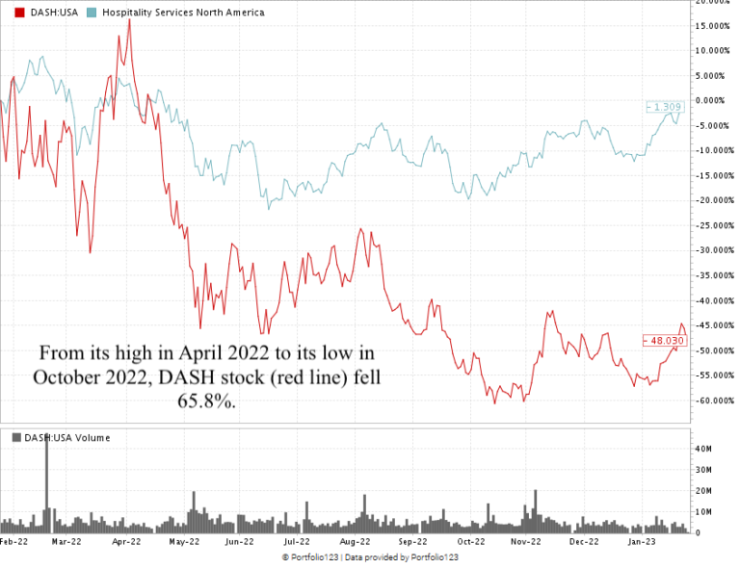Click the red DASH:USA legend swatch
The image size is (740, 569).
[x=8, y=13]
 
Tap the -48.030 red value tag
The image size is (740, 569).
[x=662, y=340]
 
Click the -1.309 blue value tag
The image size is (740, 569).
[x=663, y=105]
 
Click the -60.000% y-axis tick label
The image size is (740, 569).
[x=714, y=401]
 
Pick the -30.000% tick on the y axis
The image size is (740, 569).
[x=714, y=250]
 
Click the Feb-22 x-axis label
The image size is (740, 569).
[x=13, y=542]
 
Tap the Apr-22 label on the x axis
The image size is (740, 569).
[x=127, y=542]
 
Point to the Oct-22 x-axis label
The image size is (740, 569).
[x=470, y=542]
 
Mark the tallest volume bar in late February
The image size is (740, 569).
[x=46, y=481]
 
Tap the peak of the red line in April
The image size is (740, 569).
[x=129, y=20]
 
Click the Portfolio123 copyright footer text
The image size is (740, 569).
[x=369, y=557]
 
